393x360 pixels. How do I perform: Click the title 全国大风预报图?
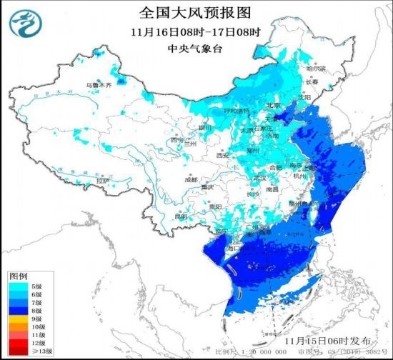196,13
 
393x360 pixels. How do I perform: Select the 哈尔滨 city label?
315,69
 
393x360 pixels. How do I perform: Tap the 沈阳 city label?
305,96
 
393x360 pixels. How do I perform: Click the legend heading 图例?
19,275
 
